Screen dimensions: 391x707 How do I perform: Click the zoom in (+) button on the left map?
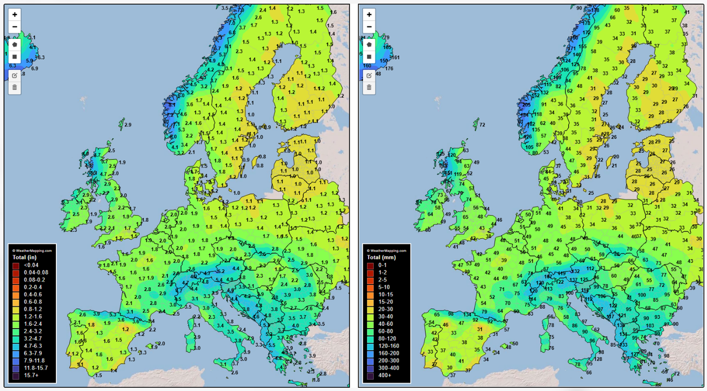[x=14, y=15]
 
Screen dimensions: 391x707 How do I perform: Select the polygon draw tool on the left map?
[x=14, y=44]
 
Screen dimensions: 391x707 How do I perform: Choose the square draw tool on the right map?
[x=369, y=57]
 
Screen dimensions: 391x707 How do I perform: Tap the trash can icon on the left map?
[x=14, y=87]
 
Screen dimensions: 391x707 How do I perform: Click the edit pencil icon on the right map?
[x=369, y=75]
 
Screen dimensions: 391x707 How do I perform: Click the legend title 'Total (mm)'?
[x=379, y=257]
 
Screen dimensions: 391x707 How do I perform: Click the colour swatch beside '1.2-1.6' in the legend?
[x=15, y=317]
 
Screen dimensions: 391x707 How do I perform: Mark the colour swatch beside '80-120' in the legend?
[x=369, y=339]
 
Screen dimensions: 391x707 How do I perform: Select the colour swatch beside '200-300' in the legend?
[x=369, y=360]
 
